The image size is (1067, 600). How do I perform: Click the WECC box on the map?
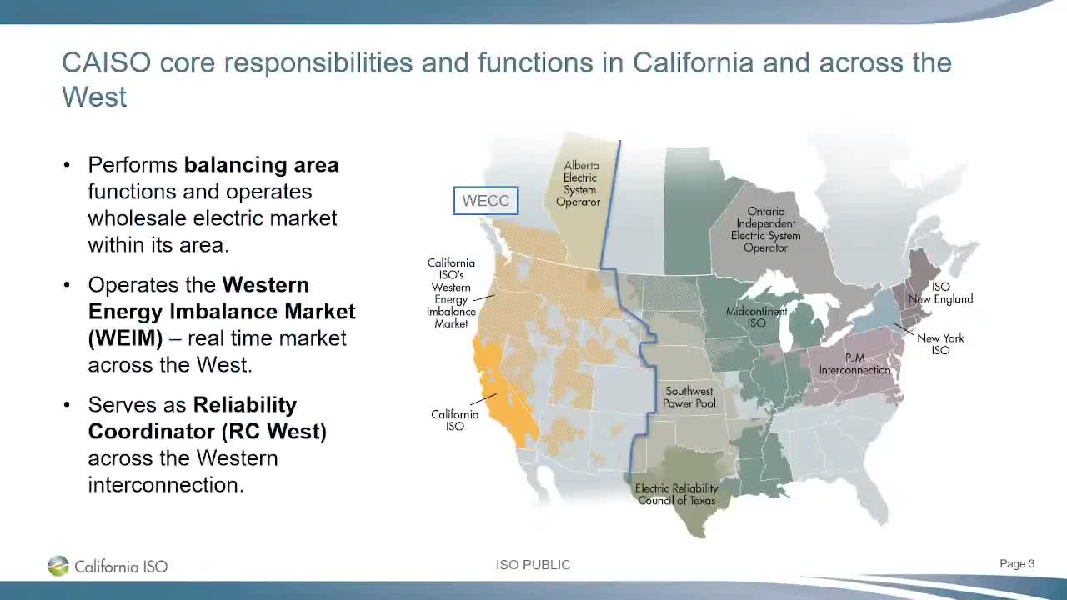click(x=486, y=201)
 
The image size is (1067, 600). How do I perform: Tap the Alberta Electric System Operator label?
click(x=579, y=184)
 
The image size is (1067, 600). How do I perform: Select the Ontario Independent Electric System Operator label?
click(x=765, y=230)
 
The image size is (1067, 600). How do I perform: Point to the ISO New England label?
click(x=940, y=292)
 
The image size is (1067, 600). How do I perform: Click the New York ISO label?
click(x=940, y=344)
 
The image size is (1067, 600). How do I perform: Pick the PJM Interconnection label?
click(x=854, y=364)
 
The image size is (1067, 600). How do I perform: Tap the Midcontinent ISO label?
click(x=756, y=317)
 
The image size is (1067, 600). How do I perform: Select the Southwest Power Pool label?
click(x=689, y=397)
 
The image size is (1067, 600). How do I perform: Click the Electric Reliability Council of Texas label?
click(x=676, y=494)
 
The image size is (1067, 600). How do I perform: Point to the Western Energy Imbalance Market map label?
click(x=451, y=293)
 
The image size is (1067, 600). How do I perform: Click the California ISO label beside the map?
click(x=454, y=420)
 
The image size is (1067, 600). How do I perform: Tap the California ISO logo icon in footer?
click(x=58, y=566)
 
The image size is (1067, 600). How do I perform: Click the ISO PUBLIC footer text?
click(x=533, y=565)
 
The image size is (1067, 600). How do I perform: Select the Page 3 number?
click(x=1017, y=564)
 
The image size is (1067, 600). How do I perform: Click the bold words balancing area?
click(x=261, y=165)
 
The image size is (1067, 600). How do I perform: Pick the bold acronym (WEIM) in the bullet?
click(x=125, y=338)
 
